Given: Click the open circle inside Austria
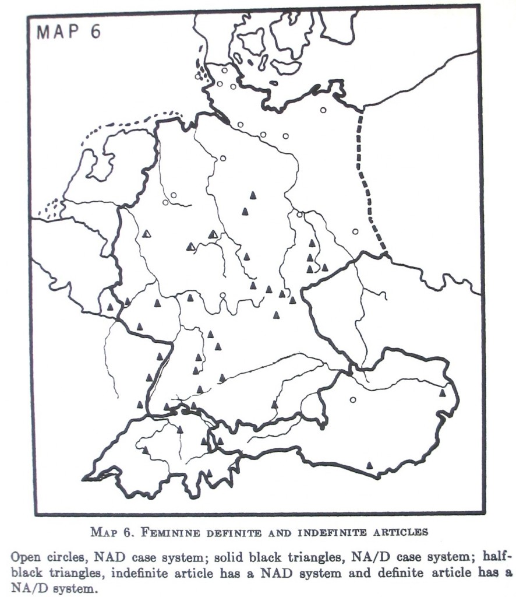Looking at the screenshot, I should [x=352, y=400].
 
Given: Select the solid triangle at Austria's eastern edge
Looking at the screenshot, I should [x=443, y=393].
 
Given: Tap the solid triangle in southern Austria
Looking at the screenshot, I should [x=369, y=465].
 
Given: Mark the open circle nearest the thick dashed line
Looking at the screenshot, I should [x=355, y=231].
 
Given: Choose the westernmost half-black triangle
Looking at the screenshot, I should [x=147, y=234].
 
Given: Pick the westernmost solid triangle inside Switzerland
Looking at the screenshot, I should [x=145, y=449].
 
